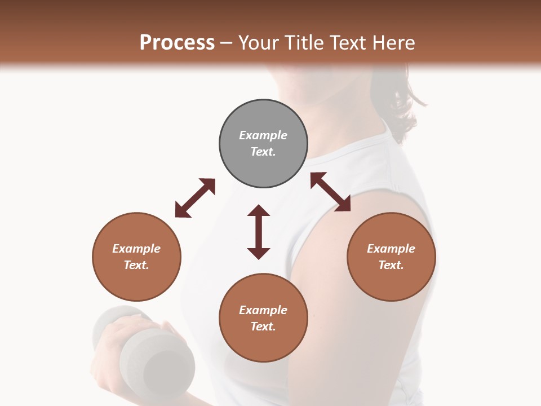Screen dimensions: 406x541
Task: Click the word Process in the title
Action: pyautogui.click(x=177, y=43)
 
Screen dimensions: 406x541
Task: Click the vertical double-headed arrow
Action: pyautogui.click(x=259, y=232)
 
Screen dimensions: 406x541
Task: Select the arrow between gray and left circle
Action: pyautogui.click(x=195, y=198)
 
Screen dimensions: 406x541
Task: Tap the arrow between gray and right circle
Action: pyautogui.click(x=330, y=192)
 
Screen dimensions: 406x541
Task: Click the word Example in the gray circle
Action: pyautogui.click(x=263, y=135)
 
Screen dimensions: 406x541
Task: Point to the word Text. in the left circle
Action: pyautogui.click(x=136, y=265)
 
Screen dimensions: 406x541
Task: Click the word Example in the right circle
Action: pyautogui.click(x=391, y=249)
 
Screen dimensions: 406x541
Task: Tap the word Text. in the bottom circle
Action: pyautogui.click(x=263, y=326)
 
